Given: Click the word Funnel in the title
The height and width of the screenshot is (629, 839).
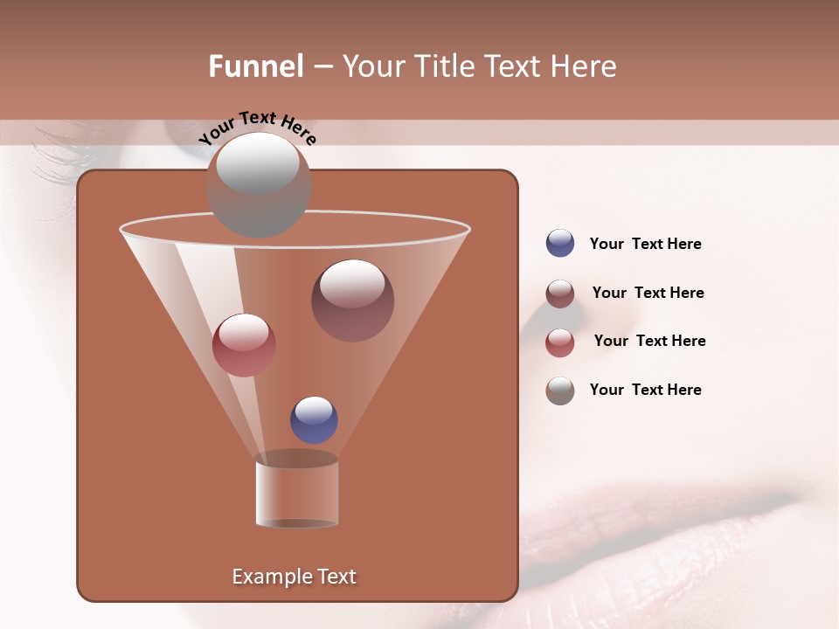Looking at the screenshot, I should tap(255, 66).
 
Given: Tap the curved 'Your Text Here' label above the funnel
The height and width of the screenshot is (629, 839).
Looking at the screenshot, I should tap(258, 127).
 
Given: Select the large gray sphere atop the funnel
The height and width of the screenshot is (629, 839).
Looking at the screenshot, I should tap(259, 184).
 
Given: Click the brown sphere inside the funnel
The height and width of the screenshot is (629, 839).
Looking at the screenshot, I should tap(352, 301).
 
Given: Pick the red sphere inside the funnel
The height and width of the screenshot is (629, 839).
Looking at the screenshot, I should tap(244, 345).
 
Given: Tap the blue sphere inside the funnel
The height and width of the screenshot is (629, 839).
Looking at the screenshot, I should tap(314, 419).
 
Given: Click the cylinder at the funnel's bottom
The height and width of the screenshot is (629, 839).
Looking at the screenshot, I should tap(297, 494).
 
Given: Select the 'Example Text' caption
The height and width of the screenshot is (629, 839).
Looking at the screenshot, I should tap(295, 577).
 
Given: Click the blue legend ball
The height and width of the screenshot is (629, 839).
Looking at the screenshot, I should tap(560, 244).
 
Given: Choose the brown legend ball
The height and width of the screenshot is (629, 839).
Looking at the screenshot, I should tap(560, 294).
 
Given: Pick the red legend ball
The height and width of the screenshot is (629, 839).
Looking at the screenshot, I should tap(560, 342).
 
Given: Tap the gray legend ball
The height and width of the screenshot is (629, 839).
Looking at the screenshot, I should tap(560, 391).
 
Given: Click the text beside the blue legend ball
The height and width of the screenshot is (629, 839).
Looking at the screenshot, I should tap(646, 245).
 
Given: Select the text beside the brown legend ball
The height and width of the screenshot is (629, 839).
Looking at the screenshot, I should tap(648, 294).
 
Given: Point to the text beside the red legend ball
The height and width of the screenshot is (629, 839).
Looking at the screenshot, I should tap(649, 342).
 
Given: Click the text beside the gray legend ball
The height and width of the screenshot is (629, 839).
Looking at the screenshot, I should tap(646, 391).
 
